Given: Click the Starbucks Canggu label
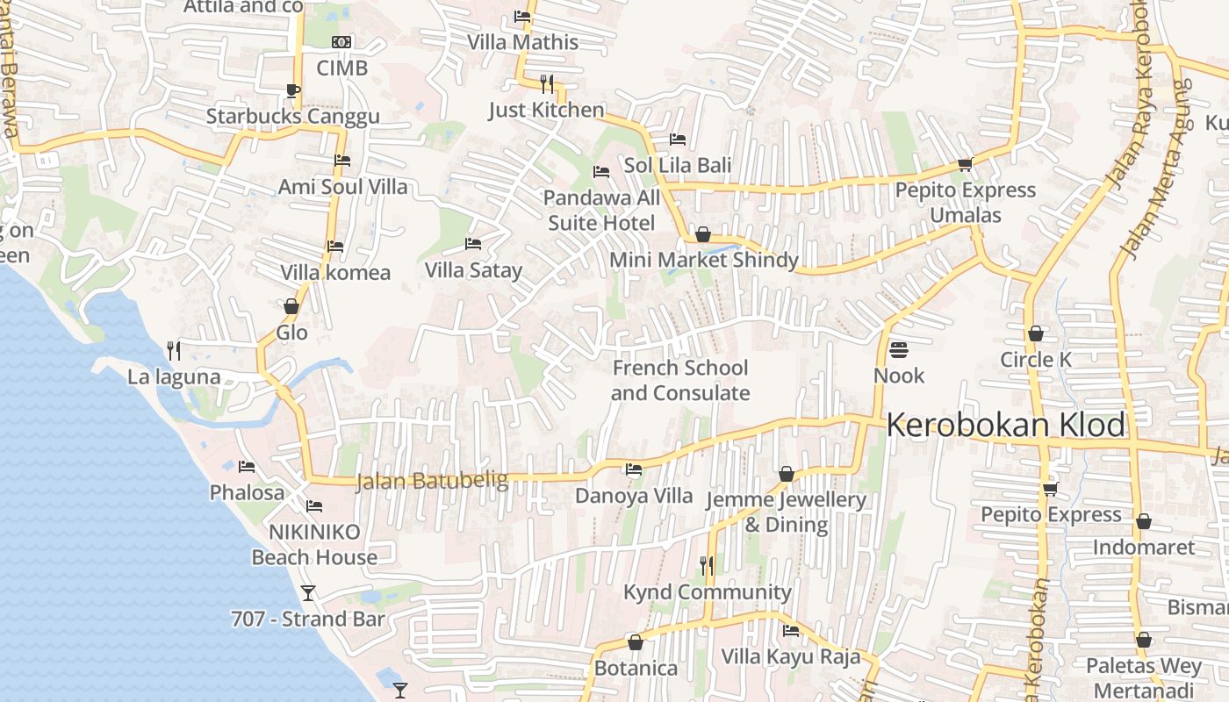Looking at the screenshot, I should (292, 117).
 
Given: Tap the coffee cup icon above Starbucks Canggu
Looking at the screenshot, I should (293, 90).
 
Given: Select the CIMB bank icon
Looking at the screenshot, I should (341, 42).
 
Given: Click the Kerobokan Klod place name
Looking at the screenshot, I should (1005, 426).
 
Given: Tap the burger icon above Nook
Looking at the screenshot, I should (898, 350).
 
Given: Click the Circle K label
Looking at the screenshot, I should (1036, 360).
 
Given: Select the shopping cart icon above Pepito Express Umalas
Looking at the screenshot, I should (965, 164).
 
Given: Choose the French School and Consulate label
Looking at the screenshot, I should (680, 380).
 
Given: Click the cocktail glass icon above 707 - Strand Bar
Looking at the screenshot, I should (308, 593).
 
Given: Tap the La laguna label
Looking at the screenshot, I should (174, 377).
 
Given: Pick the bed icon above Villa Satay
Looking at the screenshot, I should (473, 244).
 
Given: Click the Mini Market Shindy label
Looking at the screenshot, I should (703, 260).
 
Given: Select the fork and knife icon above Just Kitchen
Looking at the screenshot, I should (547, 84).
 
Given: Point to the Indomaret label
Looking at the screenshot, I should (1143, 548).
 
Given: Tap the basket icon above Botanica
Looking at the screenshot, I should (636, 643).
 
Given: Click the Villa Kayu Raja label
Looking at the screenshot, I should (790, 656).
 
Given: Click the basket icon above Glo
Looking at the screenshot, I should (291, 306).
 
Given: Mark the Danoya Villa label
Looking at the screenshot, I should (634, 496).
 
